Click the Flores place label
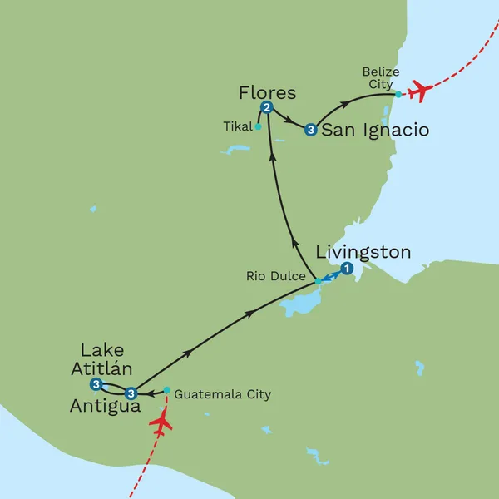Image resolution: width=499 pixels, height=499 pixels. point(267,91)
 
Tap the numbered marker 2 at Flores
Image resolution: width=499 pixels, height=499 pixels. point(267,107)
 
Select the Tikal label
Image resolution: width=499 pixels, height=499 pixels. point(238,127)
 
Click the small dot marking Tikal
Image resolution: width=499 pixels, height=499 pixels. point(259,127)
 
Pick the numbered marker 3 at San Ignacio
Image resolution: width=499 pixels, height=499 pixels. point(310,130)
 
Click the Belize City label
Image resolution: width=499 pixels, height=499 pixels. point(380,78)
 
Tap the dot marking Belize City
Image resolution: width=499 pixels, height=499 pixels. point(398,94)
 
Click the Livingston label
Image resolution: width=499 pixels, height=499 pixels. point(363,251)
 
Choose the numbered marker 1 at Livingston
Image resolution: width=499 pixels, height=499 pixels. point(347,268)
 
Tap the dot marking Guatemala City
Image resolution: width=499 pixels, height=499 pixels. point(167,390)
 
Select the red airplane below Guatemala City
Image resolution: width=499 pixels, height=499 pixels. point(161,424)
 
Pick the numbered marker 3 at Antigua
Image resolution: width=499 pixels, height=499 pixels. point(130,393)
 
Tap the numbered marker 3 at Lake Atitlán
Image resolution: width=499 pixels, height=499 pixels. point(96,384)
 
